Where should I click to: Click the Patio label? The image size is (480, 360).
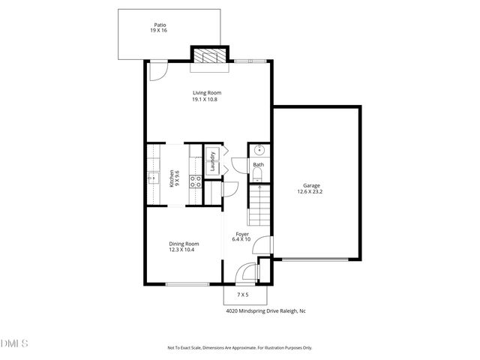tap(159, 25)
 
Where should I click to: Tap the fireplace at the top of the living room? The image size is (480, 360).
tap(208, 56)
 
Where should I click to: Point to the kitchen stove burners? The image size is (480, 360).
tap(195, 180)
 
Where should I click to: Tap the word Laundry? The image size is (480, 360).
tap(212, 163)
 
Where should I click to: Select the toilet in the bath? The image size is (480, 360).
tap(256, 175)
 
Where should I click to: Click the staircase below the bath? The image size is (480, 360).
tap(259, 205)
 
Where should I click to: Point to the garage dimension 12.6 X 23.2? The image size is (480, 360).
tap(313, 192)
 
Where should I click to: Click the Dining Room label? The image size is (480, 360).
tap(184, 244)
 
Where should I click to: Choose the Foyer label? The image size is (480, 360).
tap(242, 234)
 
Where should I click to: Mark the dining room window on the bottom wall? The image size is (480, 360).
tap(187, 284)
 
